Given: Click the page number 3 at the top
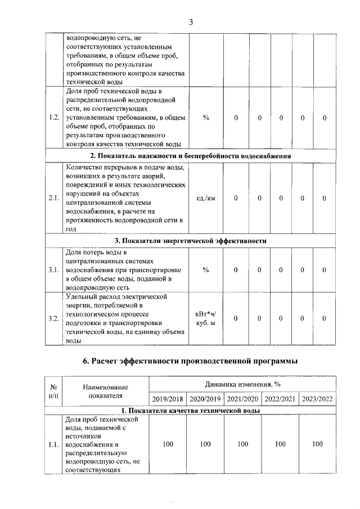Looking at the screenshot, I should (191, 22).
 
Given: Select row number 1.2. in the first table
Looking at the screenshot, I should (54, 118).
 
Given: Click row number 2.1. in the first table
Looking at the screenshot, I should (54, 198).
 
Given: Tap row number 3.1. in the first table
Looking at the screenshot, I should (54, 270).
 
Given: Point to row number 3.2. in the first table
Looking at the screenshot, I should (54, 318).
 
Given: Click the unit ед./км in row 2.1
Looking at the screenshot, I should (206, 198).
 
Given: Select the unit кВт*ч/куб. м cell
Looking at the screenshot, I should (206, 318).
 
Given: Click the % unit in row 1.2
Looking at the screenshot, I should (206, 118).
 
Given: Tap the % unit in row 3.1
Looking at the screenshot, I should (206, 270).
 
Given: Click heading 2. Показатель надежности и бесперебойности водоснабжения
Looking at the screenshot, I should (191, 156).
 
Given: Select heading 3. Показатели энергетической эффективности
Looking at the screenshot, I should (191, 241).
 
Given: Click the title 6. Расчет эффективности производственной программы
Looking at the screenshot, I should (191, 361).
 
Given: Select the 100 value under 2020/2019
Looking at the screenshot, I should (205, 444).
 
